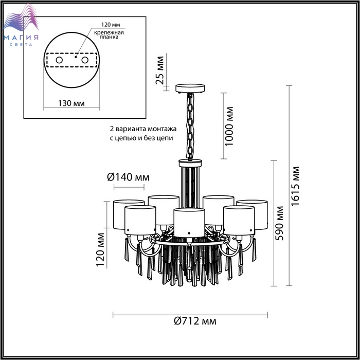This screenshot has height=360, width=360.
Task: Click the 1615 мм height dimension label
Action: pos(296,186)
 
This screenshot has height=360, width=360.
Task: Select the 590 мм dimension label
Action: pos(279,223)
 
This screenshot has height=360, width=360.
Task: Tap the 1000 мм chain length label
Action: pos(229,127)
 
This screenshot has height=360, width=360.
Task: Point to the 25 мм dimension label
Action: pos(160,70)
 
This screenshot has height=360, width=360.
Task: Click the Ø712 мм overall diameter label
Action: pos(195,321)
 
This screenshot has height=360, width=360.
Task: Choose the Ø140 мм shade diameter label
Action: pos(129,177)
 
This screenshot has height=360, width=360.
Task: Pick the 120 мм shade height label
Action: pos(100,250)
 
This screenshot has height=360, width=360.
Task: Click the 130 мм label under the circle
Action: pos(71,103)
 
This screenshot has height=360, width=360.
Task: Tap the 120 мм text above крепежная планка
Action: pos(111,25)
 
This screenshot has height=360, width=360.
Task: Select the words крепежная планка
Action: pos(109,34)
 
